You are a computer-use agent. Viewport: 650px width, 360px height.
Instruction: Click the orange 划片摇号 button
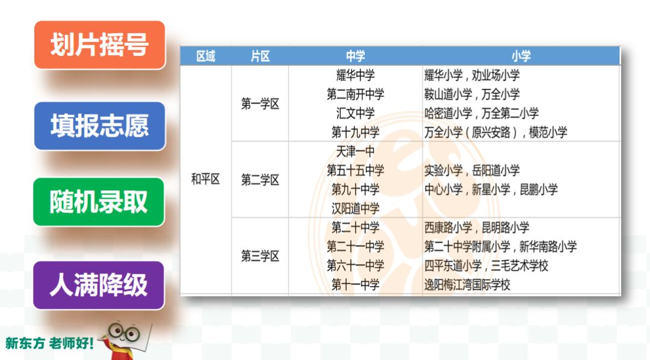point(99,45)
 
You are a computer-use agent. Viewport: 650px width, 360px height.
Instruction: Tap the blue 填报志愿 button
point(99,126)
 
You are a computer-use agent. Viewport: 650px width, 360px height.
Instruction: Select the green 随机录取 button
point(99,202)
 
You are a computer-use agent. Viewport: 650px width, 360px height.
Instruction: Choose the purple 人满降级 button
point(99,285)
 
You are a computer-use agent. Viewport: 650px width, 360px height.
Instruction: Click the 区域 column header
point(206,56)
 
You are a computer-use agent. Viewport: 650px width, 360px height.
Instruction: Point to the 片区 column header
point(260,56)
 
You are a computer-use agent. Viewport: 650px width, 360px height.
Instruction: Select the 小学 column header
point(521,56)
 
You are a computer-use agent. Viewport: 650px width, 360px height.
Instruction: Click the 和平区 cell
point(205,179)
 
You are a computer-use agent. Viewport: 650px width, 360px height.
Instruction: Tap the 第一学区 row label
point(260,104)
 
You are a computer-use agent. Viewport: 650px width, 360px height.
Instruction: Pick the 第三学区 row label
point(260,256)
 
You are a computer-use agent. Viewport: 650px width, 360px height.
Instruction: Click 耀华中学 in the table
point(355,75)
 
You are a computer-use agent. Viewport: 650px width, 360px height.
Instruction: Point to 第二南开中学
point(355,94)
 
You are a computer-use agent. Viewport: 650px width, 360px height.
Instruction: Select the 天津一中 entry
point(355,151)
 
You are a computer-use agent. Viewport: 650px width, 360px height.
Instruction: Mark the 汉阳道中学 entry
point(355,208)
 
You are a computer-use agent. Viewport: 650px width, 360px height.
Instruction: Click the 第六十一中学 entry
point(355,265)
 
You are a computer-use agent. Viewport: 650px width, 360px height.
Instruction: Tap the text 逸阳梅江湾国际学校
point(467,285)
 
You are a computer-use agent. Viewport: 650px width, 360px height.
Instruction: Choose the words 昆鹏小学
point(539,190)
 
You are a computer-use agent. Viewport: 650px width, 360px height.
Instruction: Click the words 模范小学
point(548,132)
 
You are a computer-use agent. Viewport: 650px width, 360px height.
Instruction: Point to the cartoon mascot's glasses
point(125,332)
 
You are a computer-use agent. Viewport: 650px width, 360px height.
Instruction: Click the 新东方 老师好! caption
point(49,343)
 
